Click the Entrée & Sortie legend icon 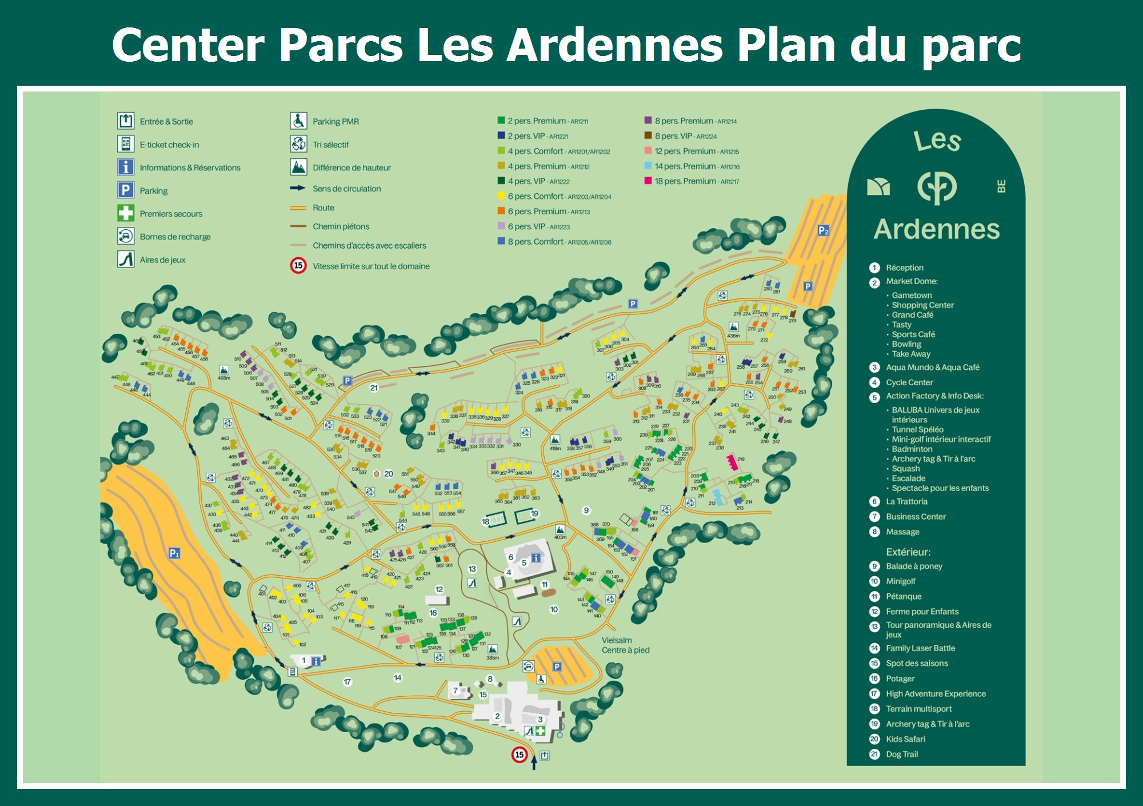click(126, 121)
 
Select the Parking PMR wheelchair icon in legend click(298, 121)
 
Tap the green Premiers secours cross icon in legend click(126, 213)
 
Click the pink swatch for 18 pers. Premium click(648, 181)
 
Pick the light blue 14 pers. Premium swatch click(648, 166)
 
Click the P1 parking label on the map click(174, 553)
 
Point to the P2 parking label click(823, 230)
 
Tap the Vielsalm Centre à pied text click(625, 645)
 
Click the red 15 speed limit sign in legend click(298, 266)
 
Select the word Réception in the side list click(904, 268)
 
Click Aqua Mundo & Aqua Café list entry click(932, 367)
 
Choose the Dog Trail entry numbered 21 click(901, 754)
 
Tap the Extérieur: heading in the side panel click(908, 552)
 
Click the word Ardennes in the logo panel click(936, 229)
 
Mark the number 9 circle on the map click(586, 510)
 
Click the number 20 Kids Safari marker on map click(389, 473)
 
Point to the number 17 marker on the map click(347, 681)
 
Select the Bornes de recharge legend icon click(126, 236)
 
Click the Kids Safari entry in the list click(905, 739)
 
